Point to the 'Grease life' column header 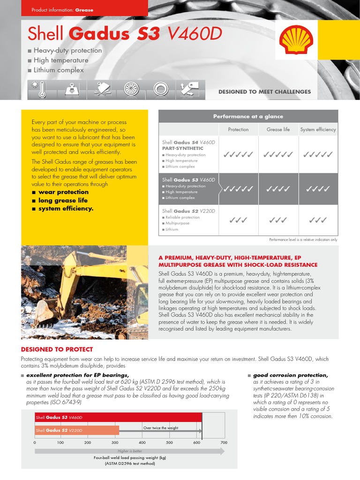pyautogui.click(x=278, y=129)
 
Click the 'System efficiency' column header pyautogui.click(x=318, y=129)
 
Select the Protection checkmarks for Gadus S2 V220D pyautogui.click(x=238, y=219)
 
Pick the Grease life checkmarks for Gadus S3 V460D pyautogui.click(x=278, y=189)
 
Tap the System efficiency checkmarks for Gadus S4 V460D pyautogui.click(x=318, y=154)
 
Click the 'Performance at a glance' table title pyautogui.click(x=248, y=116)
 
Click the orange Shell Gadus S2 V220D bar pyautogui.click(x=77, y=430)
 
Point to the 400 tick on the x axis pyautogui.click(x=142, y=442)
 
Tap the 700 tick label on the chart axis pyautogui.click(x=224, y=442)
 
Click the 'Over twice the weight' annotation pyautogui.click(x=160, y=428)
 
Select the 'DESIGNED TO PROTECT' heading pyautogui.click(x=57, y=349)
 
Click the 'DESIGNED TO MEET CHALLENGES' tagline pyautogui.click(x=264, y=92)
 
